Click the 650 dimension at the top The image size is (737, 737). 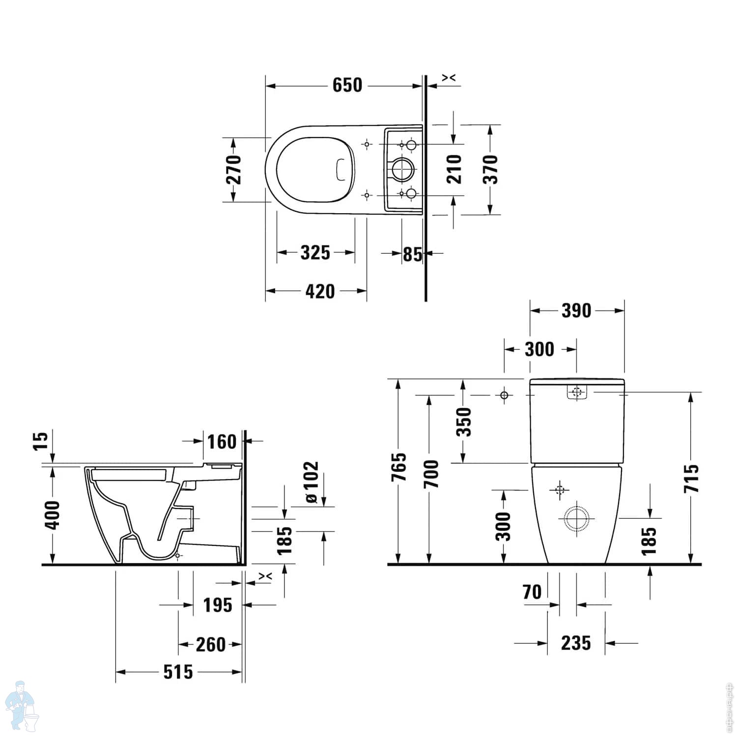(x=347, y=85)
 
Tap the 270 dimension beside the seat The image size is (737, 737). (x=234, y=169)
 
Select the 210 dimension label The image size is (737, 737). (x=455, y=169)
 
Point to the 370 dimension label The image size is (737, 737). (x=490, y=169)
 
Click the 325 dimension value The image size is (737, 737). (x=315, y=253)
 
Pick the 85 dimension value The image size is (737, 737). (x=412, y=254)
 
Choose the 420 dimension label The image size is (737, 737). (x=320, y=291)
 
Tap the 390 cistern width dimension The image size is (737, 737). (x=576, y=311)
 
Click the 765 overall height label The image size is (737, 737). (x=399, y=467)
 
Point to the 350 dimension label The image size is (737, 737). (x=464, y=422)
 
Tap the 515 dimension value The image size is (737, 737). (x=178, y=672)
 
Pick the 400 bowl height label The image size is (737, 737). (x=52, y=515)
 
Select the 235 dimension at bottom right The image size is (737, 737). (x=576, y=643)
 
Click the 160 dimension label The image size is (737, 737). (x=222, y=442)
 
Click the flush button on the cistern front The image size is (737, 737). (x=577, y=393)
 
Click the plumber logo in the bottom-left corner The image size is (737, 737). (x=27, y=706)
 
